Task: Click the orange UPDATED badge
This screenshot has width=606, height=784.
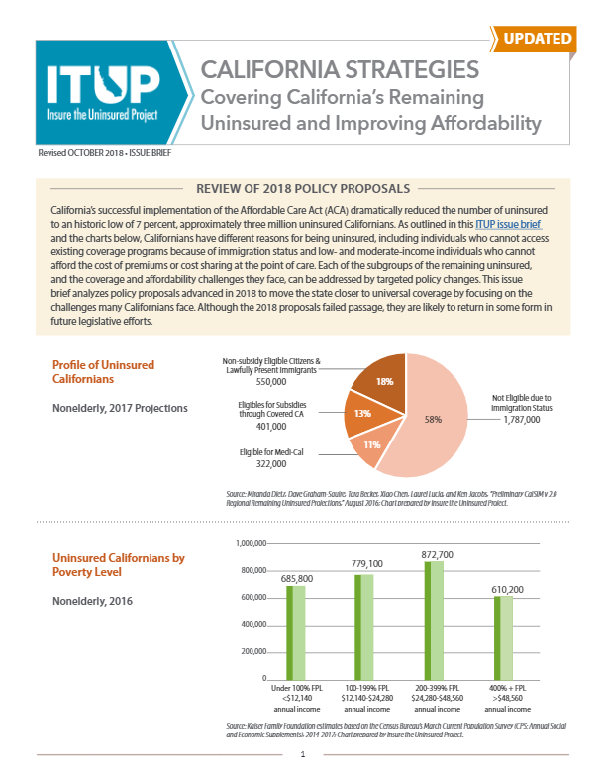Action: pos(539,39)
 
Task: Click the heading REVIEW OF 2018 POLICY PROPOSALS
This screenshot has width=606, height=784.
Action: pos(303,187)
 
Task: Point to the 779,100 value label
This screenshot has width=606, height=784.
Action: pos(365,563)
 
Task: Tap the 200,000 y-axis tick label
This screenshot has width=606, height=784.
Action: pos(260,652)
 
